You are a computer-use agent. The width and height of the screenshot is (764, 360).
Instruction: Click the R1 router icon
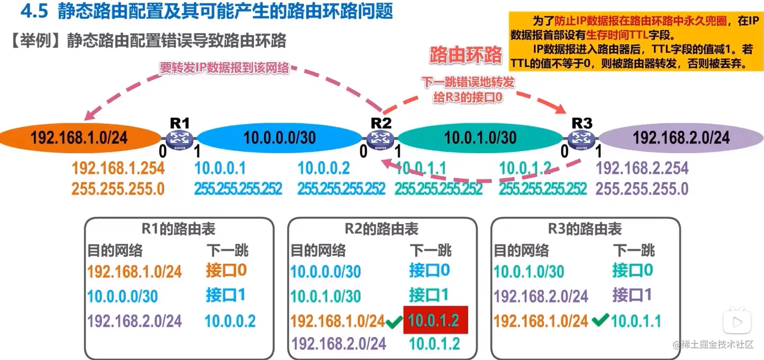[179, 138]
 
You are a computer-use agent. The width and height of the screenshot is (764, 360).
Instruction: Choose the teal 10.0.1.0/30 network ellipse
[480, 138]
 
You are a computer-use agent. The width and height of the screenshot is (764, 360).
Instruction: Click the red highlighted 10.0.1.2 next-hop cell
[435, 320]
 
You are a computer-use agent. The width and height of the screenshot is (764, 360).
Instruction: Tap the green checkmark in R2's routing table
[393, 321]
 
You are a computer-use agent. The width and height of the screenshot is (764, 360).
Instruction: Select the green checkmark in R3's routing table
[599, 320]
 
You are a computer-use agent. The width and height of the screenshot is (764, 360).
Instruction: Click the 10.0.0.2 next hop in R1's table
[230, 321]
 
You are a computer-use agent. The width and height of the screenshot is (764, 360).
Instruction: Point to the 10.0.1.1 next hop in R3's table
[636, 321]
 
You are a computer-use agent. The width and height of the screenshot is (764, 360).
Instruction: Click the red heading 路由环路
[466, 55]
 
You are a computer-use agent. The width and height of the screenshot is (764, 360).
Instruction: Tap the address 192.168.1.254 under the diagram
[118, 168]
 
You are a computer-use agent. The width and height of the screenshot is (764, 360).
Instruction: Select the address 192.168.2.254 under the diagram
[642, 168]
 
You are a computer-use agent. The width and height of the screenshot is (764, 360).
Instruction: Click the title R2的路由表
[381, 229]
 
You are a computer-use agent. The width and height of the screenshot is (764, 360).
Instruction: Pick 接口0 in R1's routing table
[226, 271]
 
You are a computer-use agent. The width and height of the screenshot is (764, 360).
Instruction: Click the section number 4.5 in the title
[34, 11]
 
